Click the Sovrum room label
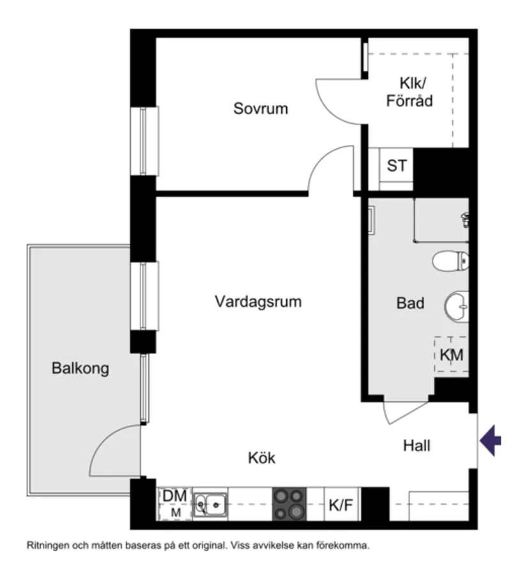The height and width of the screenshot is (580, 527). [x=260, y=108]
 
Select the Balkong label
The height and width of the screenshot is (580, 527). [x=80, y=368]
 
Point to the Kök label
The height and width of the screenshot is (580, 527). [x=262, y=457]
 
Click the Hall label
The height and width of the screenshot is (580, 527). [x=416, y=445]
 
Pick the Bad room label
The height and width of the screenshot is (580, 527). [x=410, y=303]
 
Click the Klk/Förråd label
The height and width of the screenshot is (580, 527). [x=409, y=92]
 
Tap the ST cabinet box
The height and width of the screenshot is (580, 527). [x=397, y=166]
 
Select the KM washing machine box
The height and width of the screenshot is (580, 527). [x=452, y=355]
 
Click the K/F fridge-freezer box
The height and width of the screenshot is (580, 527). [x=340, y=505]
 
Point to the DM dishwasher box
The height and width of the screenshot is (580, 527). [x=174, y=503]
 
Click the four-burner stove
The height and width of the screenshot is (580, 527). [x=289, y=505]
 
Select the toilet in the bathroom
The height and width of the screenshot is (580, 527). [x=451, y=260]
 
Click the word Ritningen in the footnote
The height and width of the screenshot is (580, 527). [x=47, y=546]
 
